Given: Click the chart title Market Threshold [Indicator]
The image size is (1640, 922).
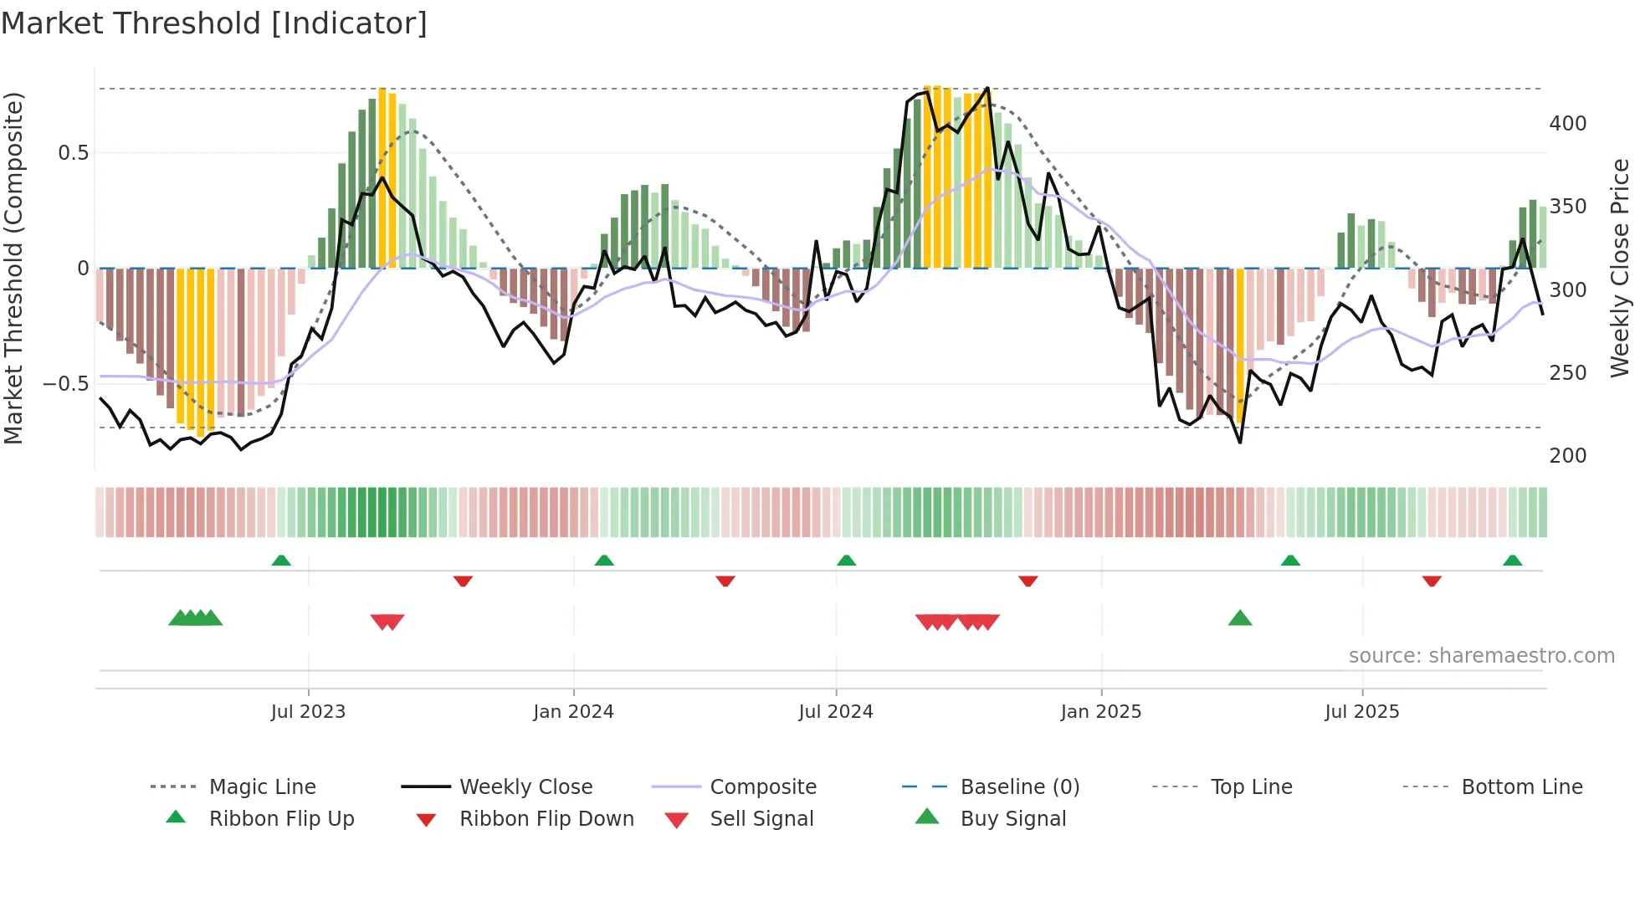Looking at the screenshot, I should tap(214, 23).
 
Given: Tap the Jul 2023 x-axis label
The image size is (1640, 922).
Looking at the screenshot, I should tap(308, 712).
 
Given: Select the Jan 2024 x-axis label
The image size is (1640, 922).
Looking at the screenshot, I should tap(573, 712).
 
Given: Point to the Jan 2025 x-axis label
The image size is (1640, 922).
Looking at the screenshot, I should tap(1100, 712).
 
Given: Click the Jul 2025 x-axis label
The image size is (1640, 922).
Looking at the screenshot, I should tap(1361, 712).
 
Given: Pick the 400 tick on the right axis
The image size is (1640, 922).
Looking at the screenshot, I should tap(1567, 124).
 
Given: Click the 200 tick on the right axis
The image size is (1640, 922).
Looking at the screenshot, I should tap(1567, 456).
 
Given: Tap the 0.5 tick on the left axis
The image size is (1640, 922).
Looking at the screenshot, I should tap(73, 153).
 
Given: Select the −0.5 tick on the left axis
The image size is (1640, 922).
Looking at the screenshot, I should tap(65, 384).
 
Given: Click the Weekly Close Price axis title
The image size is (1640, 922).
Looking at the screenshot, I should tap(1620, 268).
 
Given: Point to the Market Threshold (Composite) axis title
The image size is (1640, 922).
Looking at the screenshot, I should tap(13, 268).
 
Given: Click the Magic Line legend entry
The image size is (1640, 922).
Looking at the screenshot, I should tap(262, 787).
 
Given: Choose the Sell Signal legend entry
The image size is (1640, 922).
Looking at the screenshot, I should tap(761, 819).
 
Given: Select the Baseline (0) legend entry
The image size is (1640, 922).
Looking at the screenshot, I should tap(1019, 787).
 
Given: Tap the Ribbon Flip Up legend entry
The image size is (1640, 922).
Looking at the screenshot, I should tap(281, 819).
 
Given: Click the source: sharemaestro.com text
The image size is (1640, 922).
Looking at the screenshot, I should tap(1481, 656).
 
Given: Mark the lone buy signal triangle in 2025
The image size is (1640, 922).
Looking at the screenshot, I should tap(1239, 619).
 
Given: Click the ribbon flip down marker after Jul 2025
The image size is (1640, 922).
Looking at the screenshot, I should tap(1432, 581).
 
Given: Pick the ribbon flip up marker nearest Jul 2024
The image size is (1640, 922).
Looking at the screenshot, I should tap(846, 561).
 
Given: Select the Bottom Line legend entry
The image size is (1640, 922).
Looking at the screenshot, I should tap(1521, 787).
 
